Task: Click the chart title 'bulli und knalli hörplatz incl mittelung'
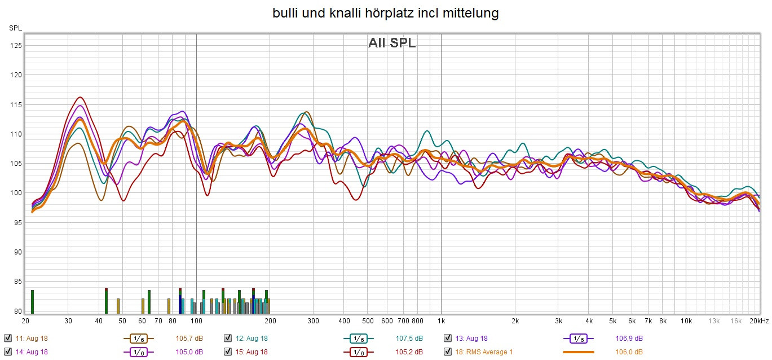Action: click(x=386, y=13)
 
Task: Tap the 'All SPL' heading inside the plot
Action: click(x=392, y=43)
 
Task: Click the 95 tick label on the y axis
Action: click(x=17, y=222)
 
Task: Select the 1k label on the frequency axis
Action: click(x=441, y=321)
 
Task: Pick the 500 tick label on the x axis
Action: click(x=367, y=321)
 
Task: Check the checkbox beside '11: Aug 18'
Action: click(x=8, y=338)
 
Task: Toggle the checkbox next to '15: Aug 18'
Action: click(x=228, y=352)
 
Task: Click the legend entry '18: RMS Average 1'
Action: click(x=485, y=352)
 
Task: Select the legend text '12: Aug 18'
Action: click(x=252, y=338)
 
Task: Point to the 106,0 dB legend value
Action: click(x=629, y=352)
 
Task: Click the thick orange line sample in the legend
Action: click(x=578, y=352)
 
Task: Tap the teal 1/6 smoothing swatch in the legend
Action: click(x=358, y=338)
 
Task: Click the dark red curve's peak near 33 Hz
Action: click(x=80, y=97)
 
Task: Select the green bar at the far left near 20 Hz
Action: click(x=32, y=301)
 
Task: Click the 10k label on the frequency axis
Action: click(x=685, y=321)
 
